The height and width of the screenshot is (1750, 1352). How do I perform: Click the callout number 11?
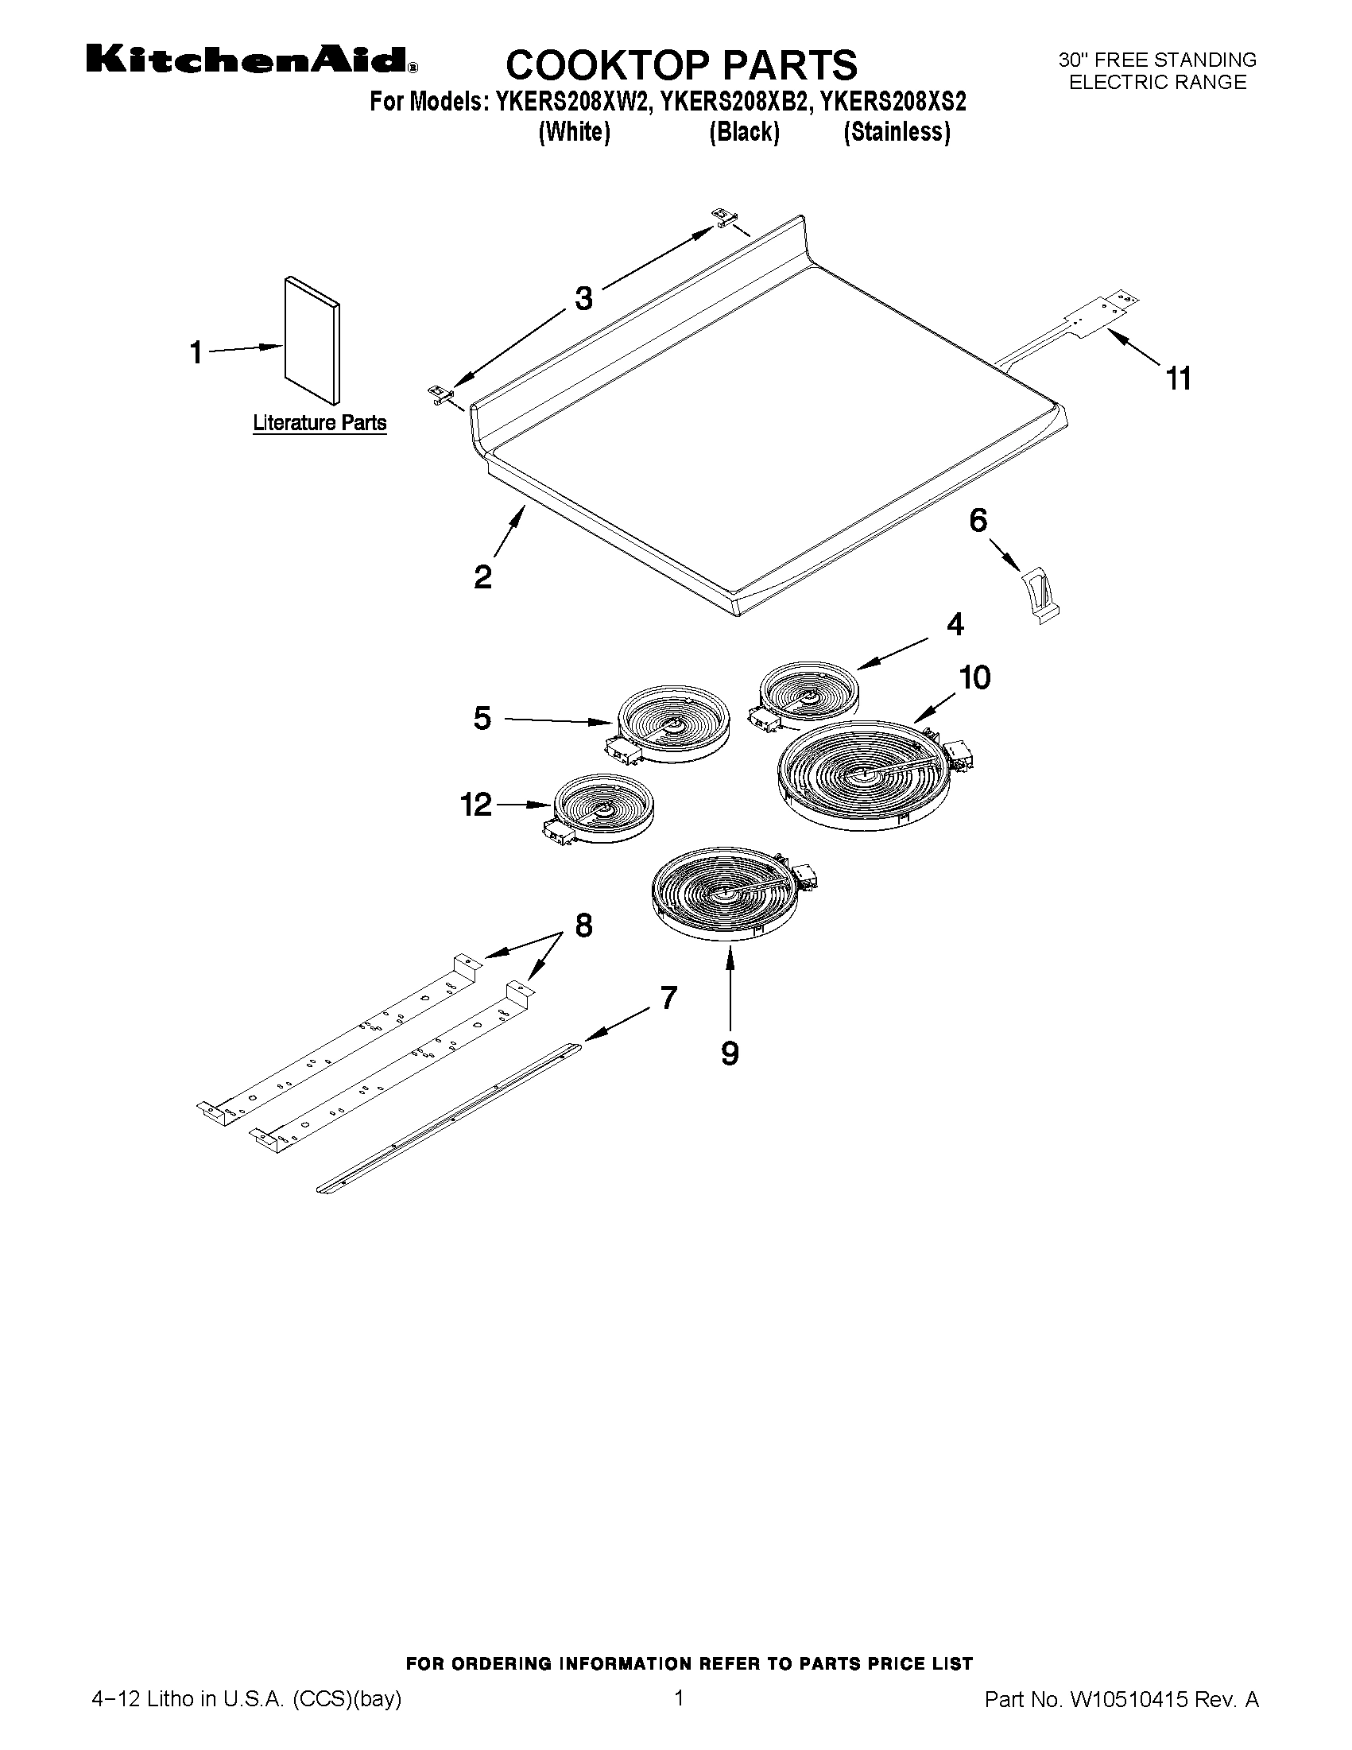point(1178,378)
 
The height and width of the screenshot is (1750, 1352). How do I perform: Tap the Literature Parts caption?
point(320,423)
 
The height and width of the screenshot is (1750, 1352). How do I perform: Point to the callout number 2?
point(482,577)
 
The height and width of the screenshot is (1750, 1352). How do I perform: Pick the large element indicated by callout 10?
point(863,777)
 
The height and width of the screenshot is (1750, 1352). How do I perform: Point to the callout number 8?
point(583,926)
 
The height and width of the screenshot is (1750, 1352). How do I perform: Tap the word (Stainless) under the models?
point(897,132)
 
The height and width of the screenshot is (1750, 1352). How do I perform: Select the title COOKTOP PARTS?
point(681,64)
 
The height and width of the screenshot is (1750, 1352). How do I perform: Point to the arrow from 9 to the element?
point(730,987)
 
